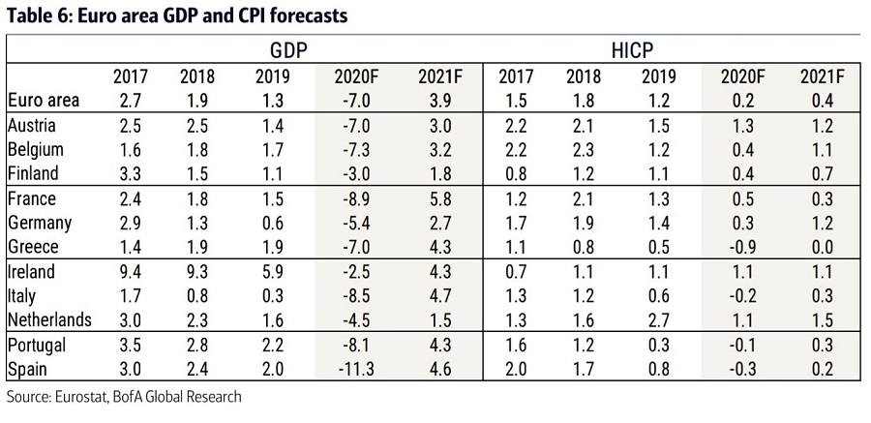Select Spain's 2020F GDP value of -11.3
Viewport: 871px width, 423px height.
click(x=358, y=369)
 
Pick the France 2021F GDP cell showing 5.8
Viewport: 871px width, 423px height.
click(x=441, y=199)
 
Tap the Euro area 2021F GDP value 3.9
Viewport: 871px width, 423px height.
click(x=441, y=99)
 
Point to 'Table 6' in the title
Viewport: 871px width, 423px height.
click(x=36, y=15)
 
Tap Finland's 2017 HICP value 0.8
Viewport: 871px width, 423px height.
click(x=514, y=174)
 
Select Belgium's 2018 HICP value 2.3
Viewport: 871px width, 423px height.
click(x=583, y=150)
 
